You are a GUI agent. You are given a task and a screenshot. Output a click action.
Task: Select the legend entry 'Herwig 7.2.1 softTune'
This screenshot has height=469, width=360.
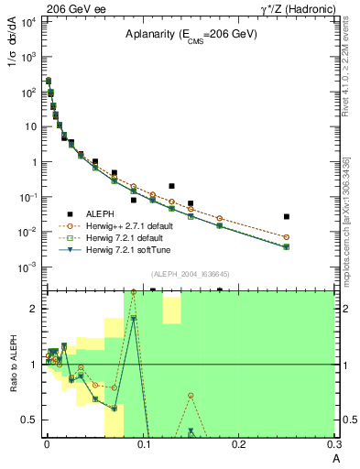[126, 249]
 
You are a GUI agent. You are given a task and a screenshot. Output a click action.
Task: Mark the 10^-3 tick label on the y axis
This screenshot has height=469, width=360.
[28, 267]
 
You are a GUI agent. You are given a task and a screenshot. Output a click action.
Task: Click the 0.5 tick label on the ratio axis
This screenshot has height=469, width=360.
[29, 420]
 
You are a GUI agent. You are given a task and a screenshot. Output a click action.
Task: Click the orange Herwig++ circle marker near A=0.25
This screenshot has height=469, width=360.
[287, 236]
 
